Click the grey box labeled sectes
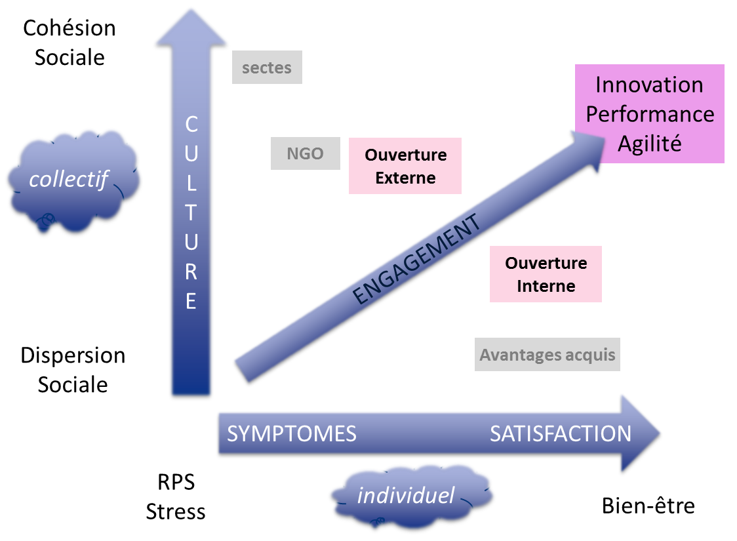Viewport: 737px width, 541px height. [267, 68]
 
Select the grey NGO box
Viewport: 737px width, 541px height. [306, 154]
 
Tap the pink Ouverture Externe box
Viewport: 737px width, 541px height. [405, 166]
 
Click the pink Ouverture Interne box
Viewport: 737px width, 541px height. [546, 274]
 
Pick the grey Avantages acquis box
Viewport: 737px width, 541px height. [548, 355]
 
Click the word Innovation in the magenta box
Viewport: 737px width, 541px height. [649, 85]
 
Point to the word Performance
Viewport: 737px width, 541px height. [649, 114]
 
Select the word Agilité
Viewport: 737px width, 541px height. [649, 144]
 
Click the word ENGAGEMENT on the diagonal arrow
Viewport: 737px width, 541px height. [416, 260]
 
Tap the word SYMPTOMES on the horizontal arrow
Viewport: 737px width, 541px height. [292, 433]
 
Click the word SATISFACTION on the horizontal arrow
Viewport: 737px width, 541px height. [561, 433]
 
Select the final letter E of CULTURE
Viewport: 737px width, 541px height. [191, 301]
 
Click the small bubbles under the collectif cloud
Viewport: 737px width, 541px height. [45, 222]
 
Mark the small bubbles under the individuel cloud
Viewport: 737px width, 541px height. [377, 523]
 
